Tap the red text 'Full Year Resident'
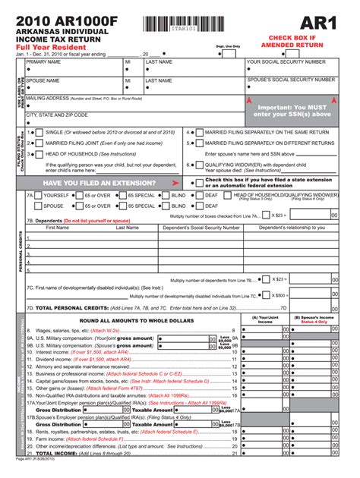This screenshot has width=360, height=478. coord(49,47)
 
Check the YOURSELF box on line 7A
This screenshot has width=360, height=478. coord(39,195)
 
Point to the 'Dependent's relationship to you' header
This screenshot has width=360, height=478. coord(292,227)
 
